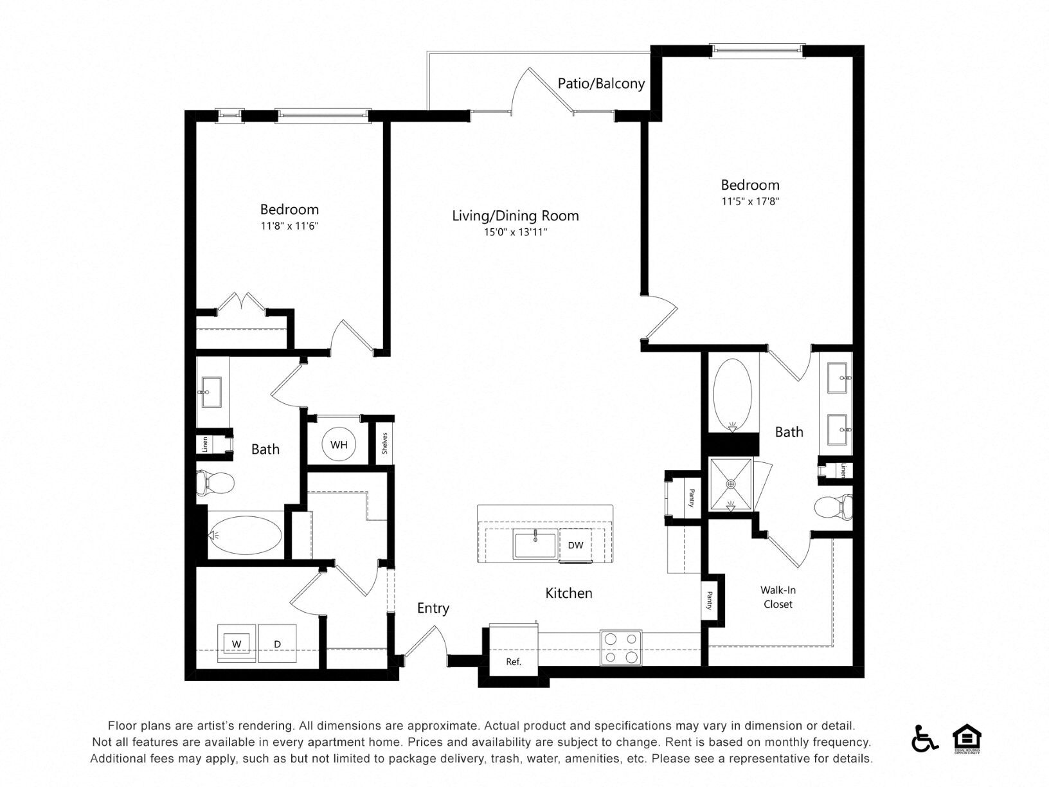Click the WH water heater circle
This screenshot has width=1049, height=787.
[339, 444]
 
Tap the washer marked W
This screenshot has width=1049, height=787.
[237, 644]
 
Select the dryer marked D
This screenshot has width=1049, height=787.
[277, 644]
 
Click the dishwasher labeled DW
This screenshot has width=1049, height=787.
[575, 545]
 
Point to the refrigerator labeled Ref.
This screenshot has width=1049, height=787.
[513, 662]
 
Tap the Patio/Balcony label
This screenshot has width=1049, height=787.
[601, 84]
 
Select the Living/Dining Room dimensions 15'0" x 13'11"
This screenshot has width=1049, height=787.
[515, 232]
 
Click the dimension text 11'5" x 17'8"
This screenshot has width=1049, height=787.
[750, 201]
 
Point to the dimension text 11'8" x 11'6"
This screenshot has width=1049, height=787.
[289, 226]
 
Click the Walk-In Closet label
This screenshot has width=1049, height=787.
[778, 597]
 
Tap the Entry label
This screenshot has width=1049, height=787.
[433, 608]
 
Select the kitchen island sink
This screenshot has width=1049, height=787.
[535, 545]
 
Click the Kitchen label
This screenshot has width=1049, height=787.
[568, 593]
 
